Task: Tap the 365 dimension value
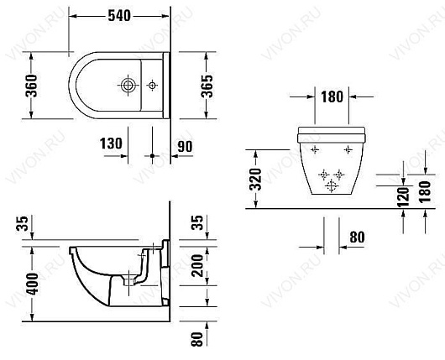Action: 206,83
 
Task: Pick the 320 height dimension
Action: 257,178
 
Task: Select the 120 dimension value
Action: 402,196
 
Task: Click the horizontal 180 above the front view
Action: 331,97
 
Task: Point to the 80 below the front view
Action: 356,238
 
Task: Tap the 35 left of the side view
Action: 22,223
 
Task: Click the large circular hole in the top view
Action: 128,85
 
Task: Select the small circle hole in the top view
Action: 151,85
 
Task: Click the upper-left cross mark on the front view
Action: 315,149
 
